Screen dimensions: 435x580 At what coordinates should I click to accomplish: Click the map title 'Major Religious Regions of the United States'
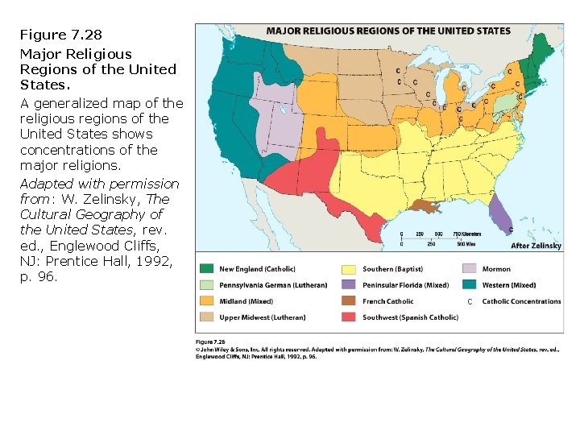[388, 31]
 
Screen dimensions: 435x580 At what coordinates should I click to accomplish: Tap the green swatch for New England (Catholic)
[206, 269]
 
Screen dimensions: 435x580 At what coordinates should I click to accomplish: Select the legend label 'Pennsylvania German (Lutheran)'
[273, 285]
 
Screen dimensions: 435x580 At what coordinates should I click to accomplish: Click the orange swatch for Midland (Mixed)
[206, 301]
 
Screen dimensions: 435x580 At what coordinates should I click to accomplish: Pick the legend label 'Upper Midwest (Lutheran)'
[263, 317]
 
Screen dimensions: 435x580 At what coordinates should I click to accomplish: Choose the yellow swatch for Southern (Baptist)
[349, 269]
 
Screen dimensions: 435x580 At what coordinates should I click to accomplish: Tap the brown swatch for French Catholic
[349, 301]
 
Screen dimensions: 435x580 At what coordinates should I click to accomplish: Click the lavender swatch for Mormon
[469, 269]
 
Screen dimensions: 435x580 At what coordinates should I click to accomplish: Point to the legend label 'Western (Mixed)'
[508, 285]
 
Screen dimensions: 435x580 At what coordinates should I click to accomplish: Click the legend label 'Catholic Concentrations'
[521, 301]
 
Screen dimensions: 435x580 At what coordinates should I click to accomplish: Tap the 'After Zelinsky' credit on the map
[536, 245]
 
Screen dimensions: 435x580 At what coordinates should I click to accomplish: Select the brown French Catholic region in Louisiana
[423, 206]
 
